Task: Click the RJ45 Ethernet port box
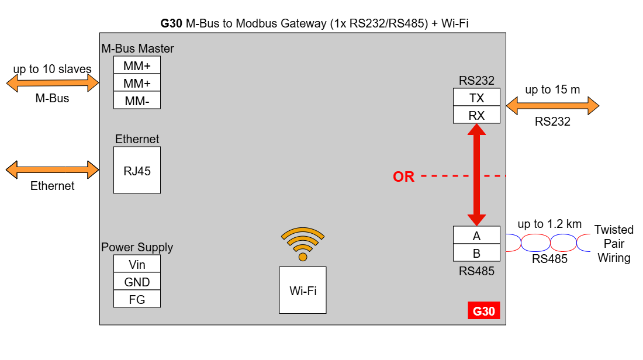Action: [x=137, y=170]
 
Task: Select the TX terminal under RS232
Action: [x=476, y=97]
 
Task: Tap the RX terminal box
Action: [x=476, y=115]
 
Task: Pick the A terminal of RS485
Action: [x=476, y=235]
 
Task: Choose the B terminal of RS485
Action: [x=476, y=252]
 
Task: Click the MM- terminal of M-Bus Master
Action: [x=137, y=100]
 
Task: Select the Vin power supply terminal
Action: [x=137, y=264]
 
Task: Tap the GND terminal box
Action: [x=137, y=281]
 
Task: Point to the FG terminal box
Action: [x=137, y=299]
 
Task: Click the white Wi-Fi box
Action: [x=303, y=290]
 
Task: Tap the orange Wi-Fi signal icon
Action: [x=303, y=244]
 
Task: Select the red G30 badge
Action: [x=484, y=310]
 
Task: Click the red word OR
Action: [x=403, y=176]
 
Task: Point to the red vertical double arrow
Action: [x=476, y=175]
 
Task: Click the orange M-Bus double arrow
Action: [x=53, y=83]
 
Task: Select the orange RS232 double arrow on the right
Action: [x=552, y=106]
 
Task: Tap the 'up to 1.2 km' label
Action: [x=549, y=224]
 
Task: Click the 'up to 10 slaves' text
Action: [x=52, y=68]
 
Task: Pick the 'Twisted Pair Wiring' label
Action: [x=614, y=244]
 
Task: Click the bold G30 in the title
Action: [x=171, y=23]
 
